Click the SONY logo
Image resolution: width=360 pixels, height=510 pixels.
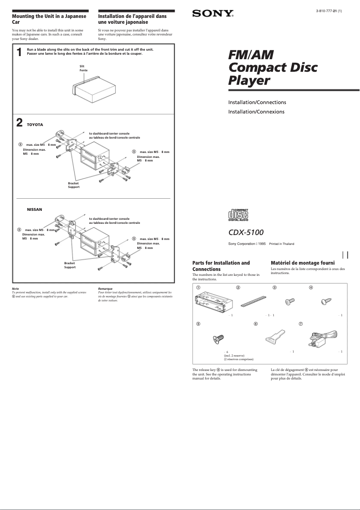click(x=213, y=14)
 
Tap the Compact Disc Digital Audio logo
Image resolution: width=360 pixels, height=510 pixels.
click(x=238, y=215)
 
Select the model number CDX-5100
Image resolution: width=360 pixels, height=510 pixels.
click(x=246, y=232)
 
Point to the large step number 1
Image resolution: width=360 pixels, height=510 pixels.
click(x=19, y=52)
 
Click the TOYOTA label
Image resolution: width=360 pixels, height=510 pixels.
click(x=35, y=125)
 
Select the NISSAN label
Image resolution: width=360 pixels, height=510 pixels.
click(x=35, y=209)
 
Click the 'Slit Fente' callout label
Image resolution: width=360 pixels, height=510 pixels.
click(x=83, y=69)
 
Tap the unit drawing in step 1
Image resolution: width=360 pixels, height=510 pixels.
click(x=92, y=87)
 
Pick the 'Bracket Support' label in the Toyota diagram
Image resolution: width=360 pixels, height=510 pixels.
click(x=74, y=185)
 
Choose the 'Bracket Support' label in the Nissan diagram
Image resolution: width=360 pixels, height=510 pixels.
click(x=70, y=265)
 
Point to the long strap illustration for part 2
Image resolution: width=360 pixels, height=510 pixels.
click(x=253, y=300)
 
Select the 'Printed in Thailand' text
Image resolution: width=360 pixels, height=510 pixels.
click(x=281, y=244)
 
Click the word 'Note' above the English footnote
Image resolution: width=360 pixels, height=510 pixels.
click(x=15, y=288)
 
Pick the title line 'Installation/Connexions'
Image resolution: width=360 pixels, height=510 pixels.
click(x=256, y=112)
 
